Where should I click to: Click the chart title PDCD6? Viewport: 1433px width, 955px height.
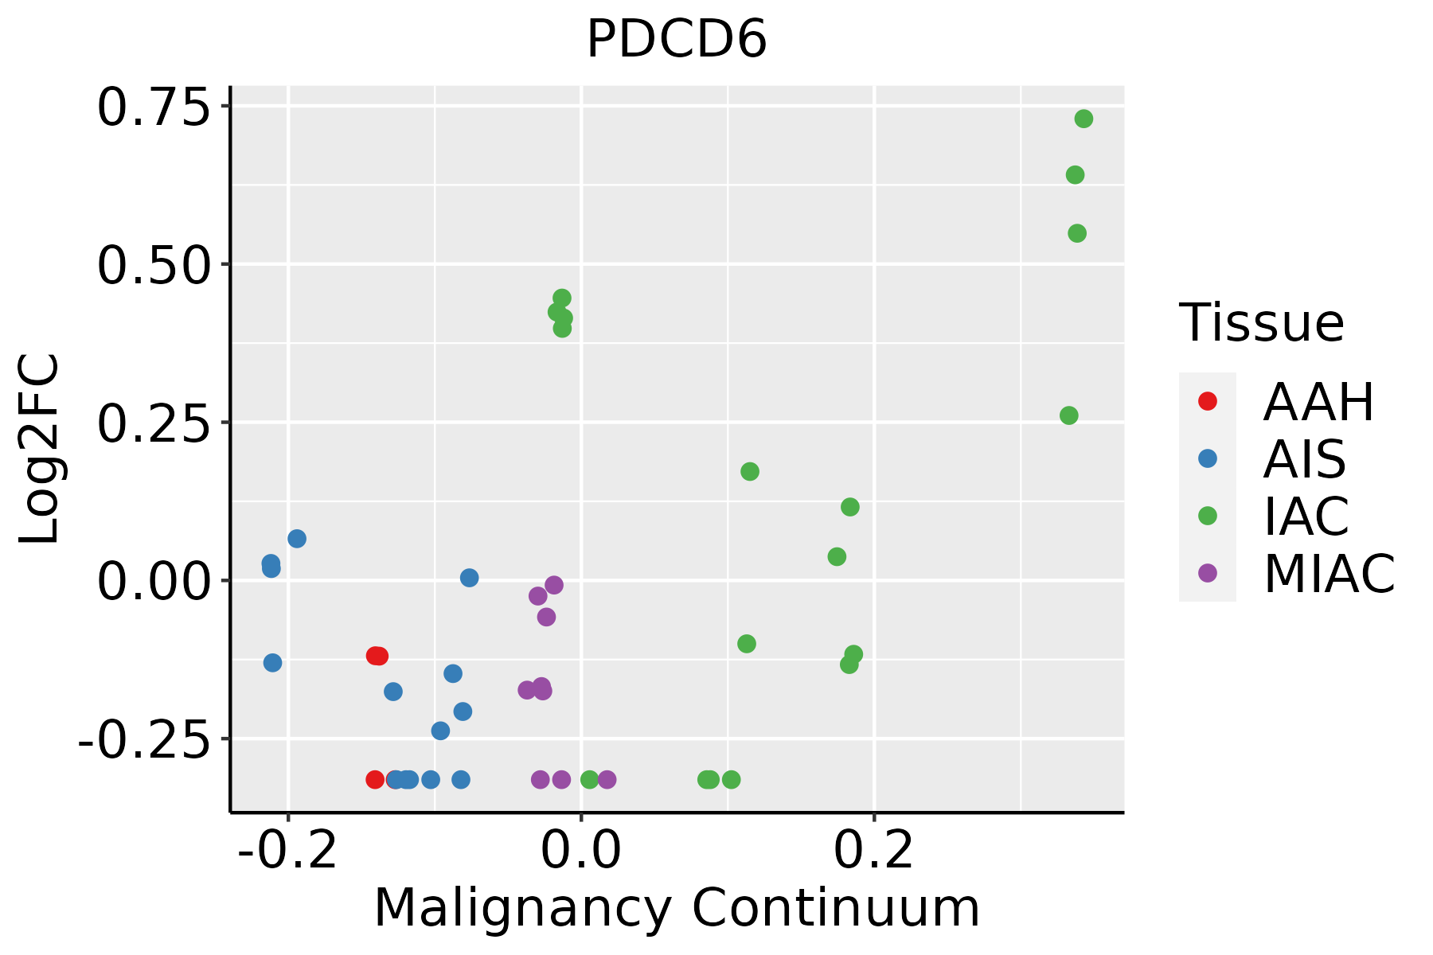point(677,40)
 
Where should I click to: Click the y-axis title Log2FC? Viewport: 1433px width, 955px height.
point(40,449)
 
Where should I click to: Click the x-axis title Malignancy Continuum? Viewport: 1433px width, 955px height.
point(677,908)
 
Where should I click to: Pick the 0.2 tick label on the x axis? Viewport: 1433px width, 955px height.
point(873,851)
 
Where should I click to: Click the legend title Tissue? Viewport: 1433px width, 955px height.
point(1262,323)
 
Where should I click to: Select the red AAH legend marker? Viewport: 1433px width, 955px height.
point(1208,401)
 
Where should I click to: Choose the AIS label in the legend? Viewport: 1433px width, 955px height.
point(1305,459)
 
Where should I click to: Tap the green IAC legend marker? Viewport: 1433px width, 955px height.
point(1208,516)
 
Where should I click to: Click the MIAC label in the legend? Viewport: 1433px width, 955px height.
point(1329,574)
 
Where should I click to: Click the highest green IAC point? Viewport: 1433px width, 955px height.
point(1084,119)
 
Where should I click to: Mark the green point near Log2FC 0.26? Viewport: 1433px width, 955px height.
point(1069,415)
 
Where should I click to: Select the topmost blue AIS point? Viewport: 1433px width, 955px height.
point(297,539)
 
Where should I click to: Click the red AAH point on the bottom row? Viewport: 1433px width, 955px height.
point(375,779)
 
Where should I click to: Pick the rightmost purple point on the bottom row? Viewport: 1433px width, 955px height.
point(607,779)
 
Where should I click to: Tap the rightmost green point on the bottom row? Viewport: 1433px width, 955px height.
point(732,779)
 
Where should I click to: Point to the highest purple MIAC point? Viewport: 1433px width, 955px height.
point(554,585)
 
